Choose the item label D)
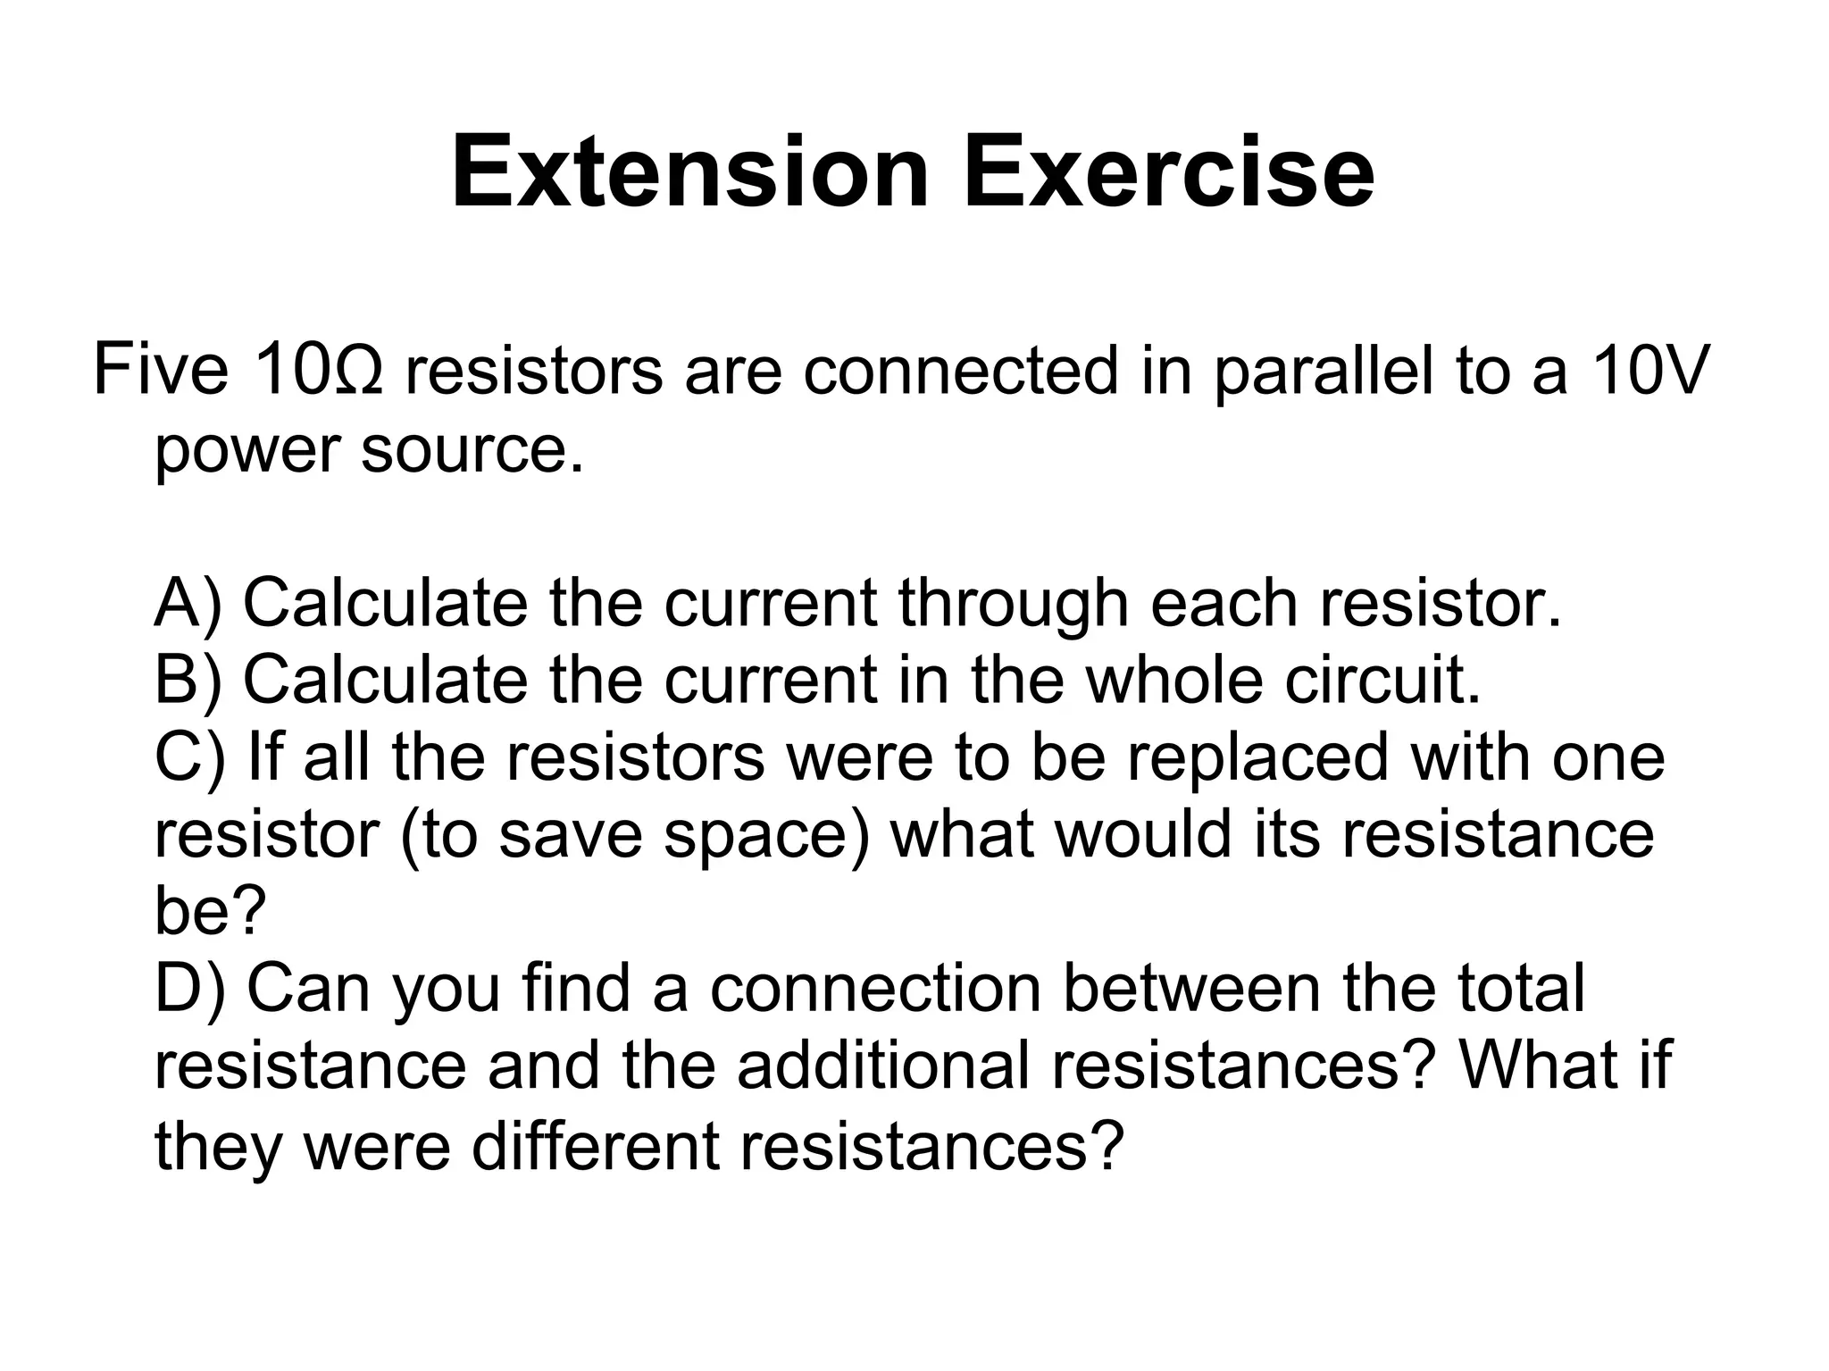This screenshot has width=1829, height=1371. point(188,990)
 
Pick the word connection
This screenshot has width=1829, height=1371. point(875,990)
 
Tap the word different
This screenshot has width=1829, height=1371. point(595,1145)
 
